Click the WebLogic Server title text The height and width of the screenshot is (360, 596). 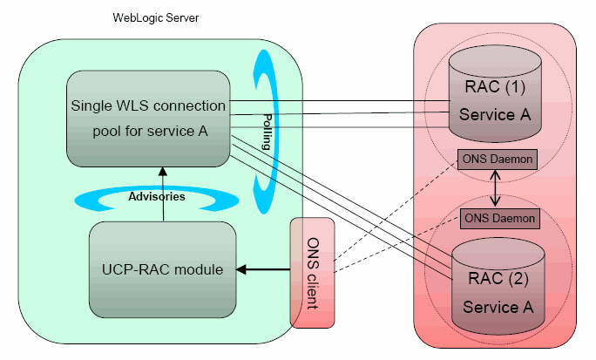click(x=156, y=17)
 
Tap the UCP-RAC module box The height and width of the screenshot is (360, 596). click(x=162, y=269)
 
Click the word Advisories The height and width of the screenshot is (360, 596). click(x=157, y=197)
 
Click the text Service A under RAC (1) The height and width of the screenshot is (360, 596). click(x=495, y=115)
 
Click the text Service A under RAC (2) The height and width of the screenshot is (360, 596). click(x=498, y=307)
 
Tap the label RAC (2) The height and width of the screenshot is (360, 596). click(x=498, y=280)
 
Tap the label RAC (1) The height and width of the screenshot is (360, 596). click(x=495, y=87)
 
